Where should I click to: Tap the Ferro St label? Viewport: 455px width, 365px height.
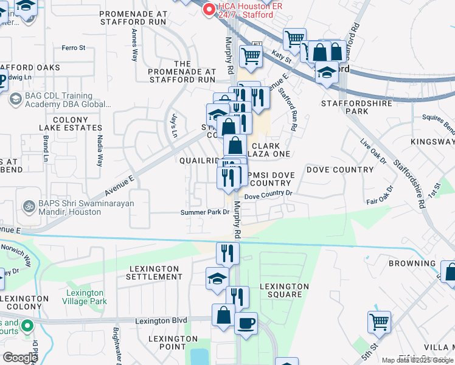click(73, 47)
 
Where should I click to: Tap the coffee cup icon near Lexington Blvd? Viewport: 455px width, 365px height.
click(246, 323)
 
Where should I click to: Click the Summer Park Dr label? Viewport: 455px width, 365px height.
click(204, 212)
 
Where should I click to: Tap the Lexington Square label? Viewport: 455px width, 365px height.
click(284, 290)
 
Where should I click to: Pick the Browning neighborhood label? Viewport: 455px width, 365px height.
click(412, 263)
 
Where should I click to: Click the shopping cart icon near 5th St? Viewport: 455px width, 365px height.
click(379, 321)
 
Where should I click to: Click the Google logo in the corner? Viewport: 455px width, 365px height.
click(20, 357)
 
